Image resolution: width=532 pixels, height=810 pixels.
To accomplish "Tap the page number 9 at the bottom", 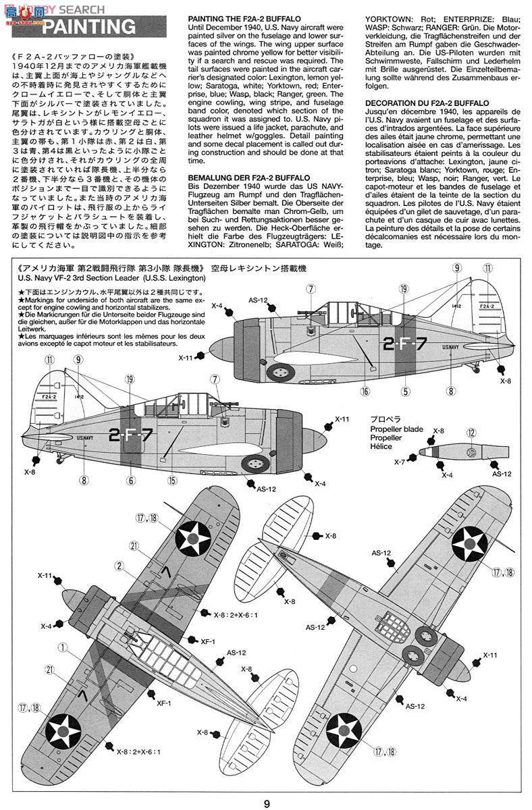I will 267,803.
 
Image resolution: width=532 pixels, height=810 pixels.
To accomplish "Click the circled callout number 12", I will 471,433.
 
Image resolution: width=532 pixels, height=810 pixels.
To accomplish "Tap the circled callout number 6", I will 130,481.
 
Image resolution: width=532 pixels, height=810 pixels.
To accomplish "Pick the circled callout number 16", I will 365,390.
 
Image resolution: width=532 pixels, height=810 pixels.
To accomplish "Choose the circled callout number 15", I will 173,481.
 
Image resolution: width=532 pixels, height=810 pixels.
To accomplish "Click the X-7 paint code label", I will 400,462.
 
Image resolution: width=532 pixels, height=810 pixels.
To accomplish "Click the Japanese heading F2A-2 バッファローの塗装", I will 75,55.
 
